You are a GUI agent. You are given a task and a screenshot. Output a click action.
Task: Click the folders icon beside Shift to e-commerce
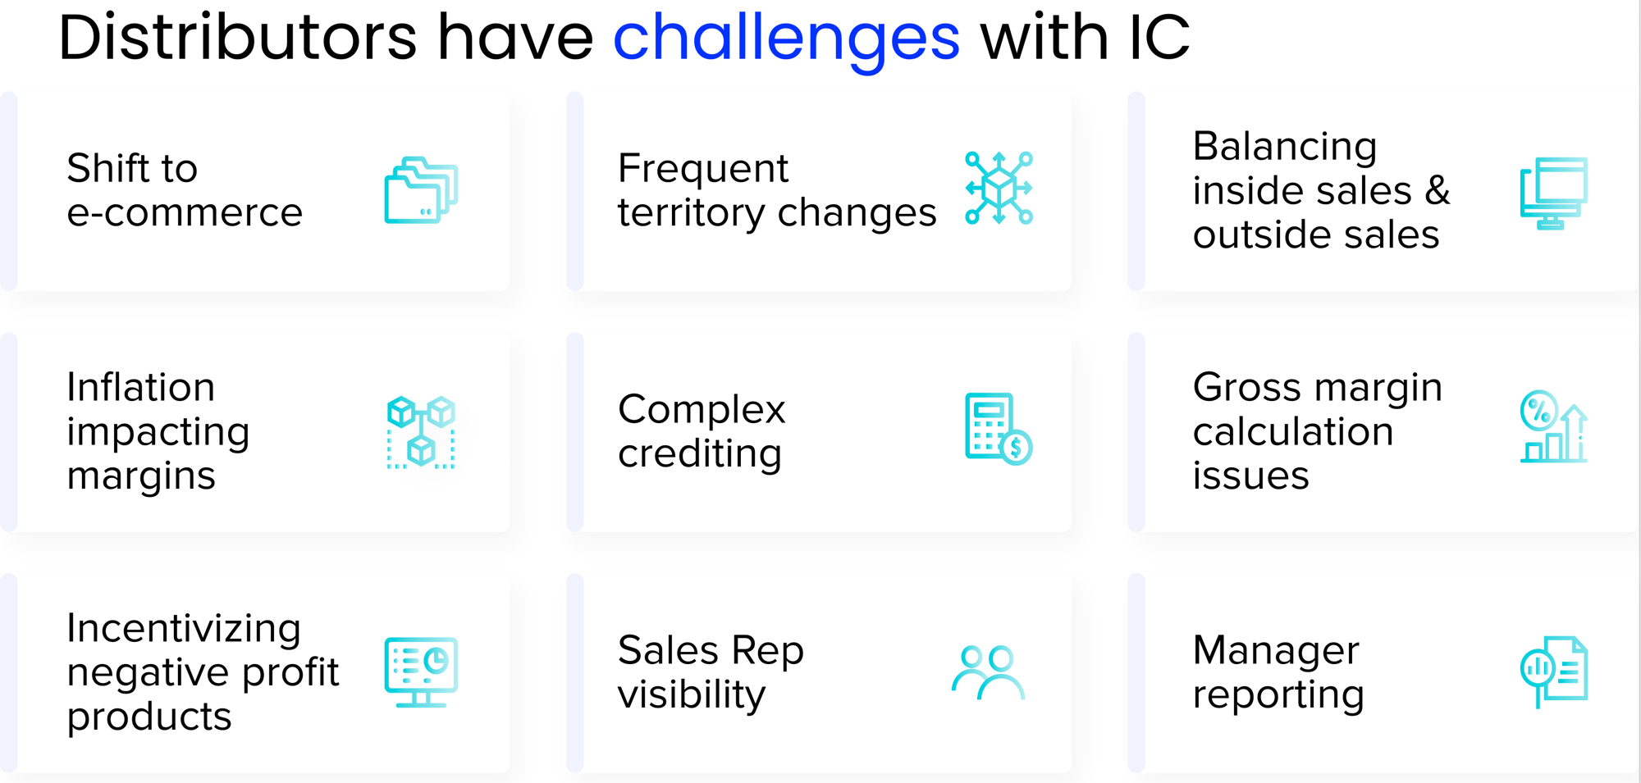(x=421, y=190)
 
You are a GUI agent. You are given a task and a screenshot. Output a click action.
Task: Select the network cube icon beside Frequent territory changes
(x=999, y=188)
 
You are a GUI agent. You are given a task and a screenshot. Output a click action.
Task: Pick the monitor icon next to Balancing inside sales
(x=1554, y=193)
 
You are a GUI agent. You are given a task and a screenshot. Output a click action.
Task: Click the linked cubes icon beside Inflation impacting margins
(x=421, y=432)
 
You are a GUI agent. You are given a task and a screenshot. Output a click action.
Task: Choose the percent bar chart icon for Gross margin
(x=1554, y=426)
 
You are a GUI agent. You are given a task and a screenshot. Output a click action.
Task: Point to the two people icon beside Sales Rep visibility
(x=988, y=672)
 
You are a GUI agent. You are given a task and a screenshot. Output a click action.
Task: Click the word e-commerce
(x=185, y=213)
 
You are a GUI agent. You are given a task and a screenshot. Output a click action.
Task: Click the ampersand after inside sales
(x=1437, y=190)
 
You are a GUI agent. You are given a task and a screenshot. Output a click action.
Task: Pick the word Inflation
(x=141, y=387)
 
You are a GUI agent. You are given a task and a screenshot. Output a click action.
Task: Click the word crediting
(x=700, y=453)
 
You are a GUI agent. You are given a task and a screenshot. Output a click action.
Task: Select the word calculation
(x=1293, y=431)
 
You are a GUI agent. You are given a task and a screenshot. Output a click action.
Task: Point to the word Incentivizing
(x=184, y=629)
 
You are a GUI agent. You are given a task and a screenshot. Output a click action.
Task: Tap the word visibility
(x=692, y=695)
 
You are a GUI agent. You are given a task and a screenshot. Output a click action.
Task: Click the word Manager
(x=1276, y=651)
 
